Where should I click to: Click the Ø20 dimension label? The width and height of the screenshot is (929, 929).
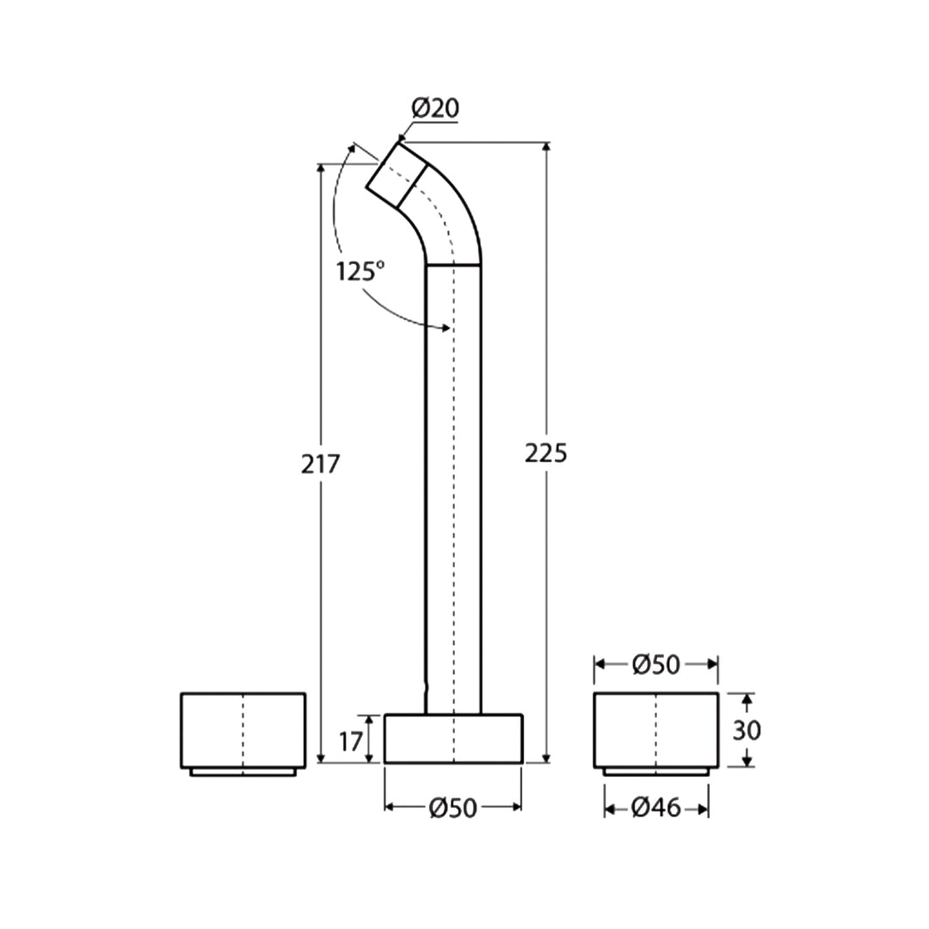[x=435, y=108]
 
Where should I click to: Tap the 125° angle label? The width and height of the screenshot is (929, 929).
[x=360, y=272]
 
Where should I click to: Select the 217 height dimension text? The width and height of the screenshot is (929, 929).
[x=321, y=464]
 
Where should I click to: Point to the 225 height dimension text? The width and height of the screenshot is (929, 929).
[x=546, y=453]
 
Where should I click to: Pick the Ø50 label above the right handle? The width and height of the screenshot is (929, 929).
[x=656, y=664]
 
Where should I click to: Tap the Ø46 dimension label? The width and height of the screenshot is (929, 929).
[x=656, y=807]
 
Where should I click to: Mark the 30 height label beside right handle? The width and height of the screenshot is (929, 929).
[x=746, y=730]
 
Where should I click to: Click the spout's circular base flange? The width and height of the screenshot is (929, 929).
[x=452, y=738]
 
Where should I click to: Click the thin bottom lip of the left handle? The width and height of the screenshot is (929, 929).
[x=243, y=772]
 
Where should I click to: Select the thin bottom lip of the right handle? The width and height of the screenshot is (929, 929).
[x=656, y=772]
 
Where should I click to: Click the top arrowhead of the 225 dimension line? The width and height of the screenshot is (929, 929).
[x=546, y=147]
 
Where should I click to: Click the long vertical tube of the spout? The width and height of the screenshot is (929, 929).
[x=453, y=482]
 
